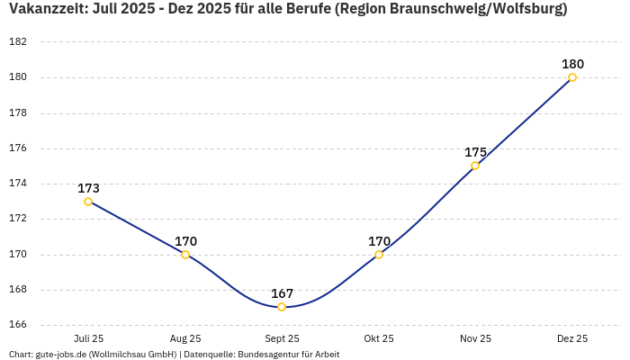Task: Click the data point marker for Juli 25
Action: pyautogui.click(x=88, y=202)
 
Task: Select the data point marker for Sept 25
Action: pyautogui.click(x=282, y=307)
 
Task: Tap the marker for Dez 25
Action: pyautogui.click(x=572, y=77)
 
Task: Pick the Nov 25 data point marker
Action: pyautogui.click(x=475, y=166)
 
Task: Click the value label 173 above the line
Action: pyautogui.click(x=88, y=188)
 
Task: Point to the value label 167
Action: pyautogui.click(x=282, y=293)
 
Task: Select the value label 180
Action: pyautogui.click(x=572, y=64)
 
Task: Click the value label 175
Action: pyautogui.click(x=475, y=152)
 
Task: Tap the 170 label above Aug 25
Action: pyautogui.click(x=185, y=241)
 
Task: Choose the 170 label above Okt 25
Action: pyautogui.click(x=379, y=241)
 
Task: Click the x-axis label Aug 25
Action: pyautogui.click(x=185, y=338)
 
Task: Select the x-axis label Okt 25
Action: pyautogui.click(x=379, y=338)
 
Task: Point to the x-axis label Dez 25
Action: pyautogui.click(x=572, y=338)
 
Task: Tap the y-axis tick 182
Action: pyautogui.click(x=16, y=42)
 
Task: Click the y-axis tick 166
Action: pyautogui.click(x=16, y=325)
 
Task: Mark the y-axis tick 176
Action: pyautogui.click(x=16, y=148)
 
